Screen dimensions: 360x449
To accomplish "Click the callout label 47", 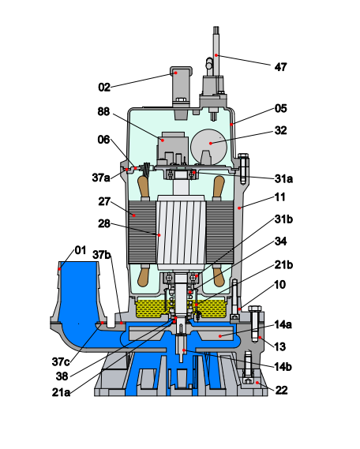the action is click(x=280, y=67).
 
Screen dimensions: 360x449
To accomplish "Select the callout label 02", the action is click(x=104, y=87).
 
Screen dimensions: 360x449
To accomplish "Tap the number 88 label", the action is click(x=103, y=111).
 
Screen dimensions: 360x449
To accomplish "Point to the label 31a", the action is click(x=283, y=178).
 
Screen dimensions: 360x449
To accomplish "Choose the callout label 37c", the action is click(x=61, y=361).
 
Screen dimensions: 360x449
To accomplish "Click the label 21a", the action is click(x=61, y=392).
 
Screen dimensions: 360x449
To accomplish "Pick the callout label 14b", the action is click(x=283, y=366).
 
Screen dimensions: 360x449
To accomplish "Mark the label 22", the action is click(x=281, y=390).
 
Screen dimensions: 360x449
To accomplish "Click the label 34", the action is click(x=280, y=241).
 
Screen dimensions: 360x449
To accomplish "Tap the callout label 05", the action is click(x=281, y=109).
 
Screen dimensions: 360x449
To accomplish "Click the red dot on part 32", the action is click(x=211, y=143).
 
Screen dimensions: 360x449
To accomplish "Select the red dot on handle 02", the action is click(x=176, y=73).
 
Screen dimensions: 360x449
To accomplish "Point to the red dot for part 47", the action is click(x=216, y=55).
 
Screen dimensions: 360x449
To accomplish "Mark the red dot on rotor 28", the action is click(x=159, y=235).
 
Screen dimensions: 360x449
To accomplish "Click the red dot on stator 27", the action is click(x=133, y=215).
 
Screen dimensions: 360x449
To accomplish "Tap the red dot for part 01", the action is click(x=59, y=268).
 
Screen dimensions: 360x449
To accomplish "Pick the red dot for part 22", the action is click(x=257, y=382).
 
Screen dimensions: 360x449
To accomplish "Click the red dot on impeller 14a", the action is click(x=219, y=336).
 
